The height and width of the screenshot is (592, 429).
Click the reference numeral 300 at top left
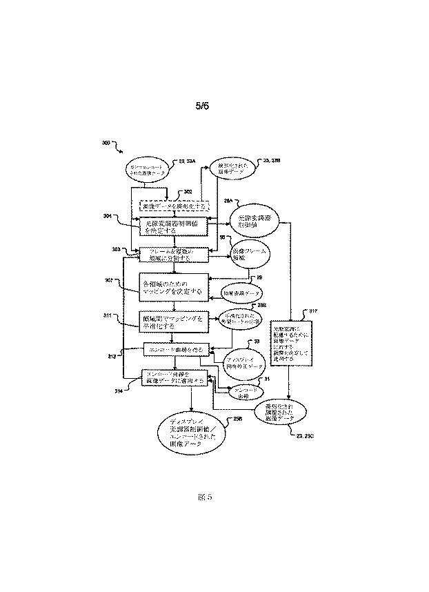106,144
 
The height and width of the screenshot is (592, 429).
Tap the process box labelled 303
174,255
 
